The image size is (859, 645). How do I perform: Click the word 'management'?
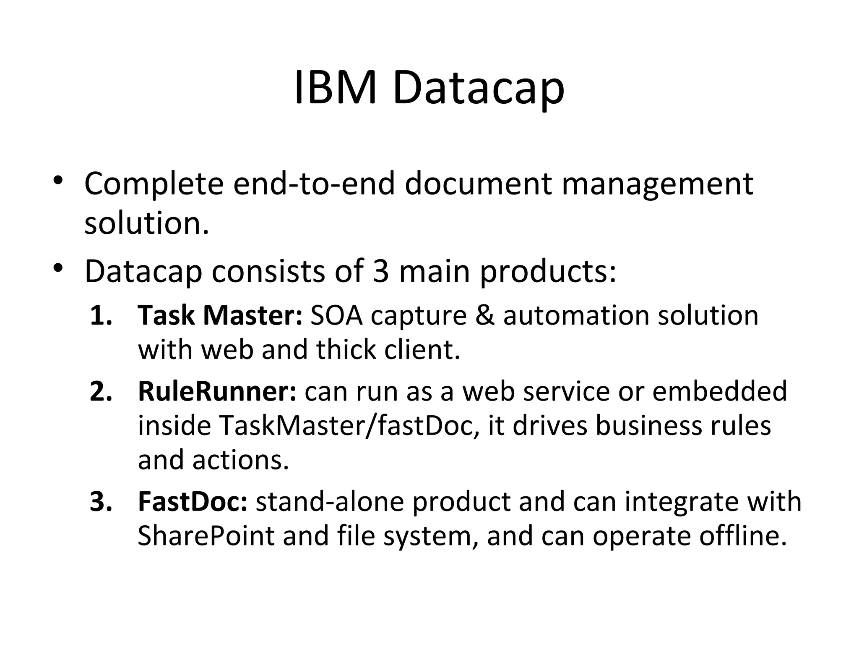pyautogui.click(x=657, y=185)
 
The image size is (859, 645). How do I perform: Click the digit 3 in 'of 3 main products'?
pyautogui.click(x=380, y=271)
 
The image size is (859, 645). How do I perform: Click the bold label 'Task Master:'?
pyautogui.click(x=220, y=315)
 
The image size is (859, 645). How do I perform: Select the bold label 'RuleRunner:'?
pyautogui.click(x=217, y=391)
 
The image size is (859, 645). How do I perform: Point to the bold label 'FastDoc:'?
pyautogui.click(x=193, y=501)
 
